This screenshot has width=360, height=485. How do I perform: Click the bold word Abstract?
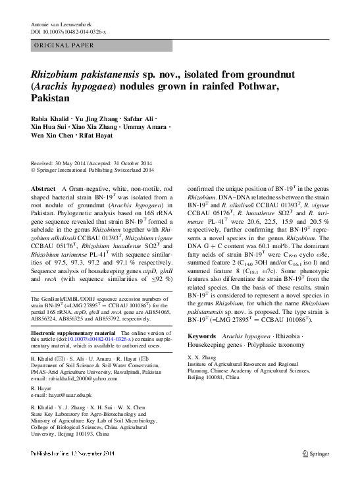(x=43, y=188)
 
